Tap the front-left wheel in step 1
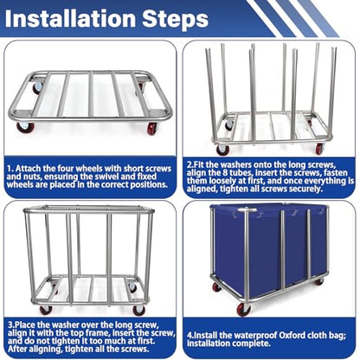click(25, 127)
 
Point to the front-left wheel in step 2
click(223, 150)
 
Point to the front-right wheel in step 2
click(319, 149)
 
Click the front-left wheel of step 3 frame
click(46, 309)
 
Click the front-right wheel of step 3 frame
click(139, 310)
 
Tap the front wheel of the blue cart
click(243, 310)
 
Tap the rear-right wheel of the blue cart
click(318, 281)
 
